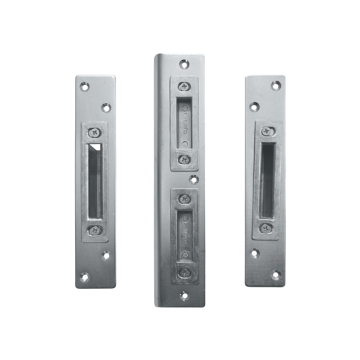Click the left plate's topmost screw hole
[84, 87]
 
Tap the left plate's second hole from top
[105, 107]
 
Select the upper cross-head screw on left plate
[94, 132]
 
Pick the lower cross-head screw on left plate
[94, 230]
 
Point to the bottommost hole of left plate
[85, 276]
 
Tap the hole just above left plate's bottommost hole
[105, 255]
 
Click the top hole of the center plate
[184, 65]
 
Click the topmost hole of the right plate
[275, 86]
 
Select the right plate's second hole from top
[254, 107]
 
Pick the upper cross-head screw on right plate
[266, 132]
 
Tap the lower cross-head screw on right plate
[266, 228]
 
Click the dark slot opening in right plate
[267, 180]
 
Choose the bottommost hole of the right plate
[276, 274]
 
